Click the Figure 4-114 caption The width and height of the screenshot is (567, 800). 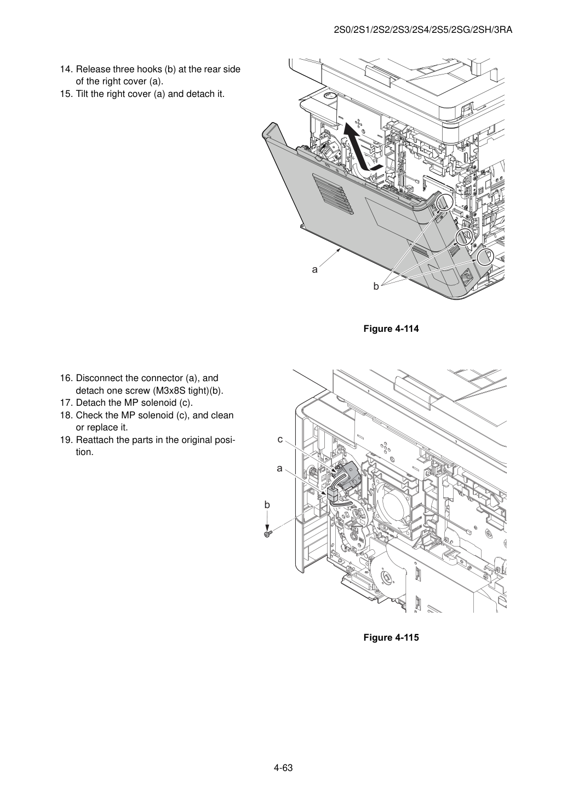coord(391,329)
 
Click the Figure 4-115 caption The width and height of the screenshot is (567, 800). coord(391,637)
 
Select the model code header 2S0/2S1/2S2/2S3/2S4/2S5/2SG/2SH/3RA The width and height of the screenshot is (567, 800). coord(423,30)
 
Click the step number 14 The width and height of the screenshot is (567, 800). coord(66,70)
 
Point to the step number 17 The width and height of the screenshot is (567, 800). coord(66,403)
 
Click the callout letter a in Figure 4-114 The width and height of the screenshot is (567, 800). coord(314,269)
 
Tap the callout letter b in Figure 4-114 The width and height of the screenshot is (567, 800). coord(376,286)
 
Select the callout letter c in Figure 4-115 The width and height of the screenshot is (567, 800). coord(280,440)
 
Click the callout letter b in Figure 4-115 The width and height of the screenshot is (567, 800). coord(267,505)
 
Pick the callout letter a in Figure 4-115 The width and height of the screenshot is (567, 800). coord(280,469)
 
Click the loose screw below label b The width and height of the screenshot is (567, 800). coord(267,534)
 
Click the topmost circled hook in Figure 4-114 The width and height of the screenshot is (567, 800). coord(444,203)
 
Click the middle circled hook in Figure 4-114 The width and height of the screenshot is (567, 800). coord(463,237)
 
